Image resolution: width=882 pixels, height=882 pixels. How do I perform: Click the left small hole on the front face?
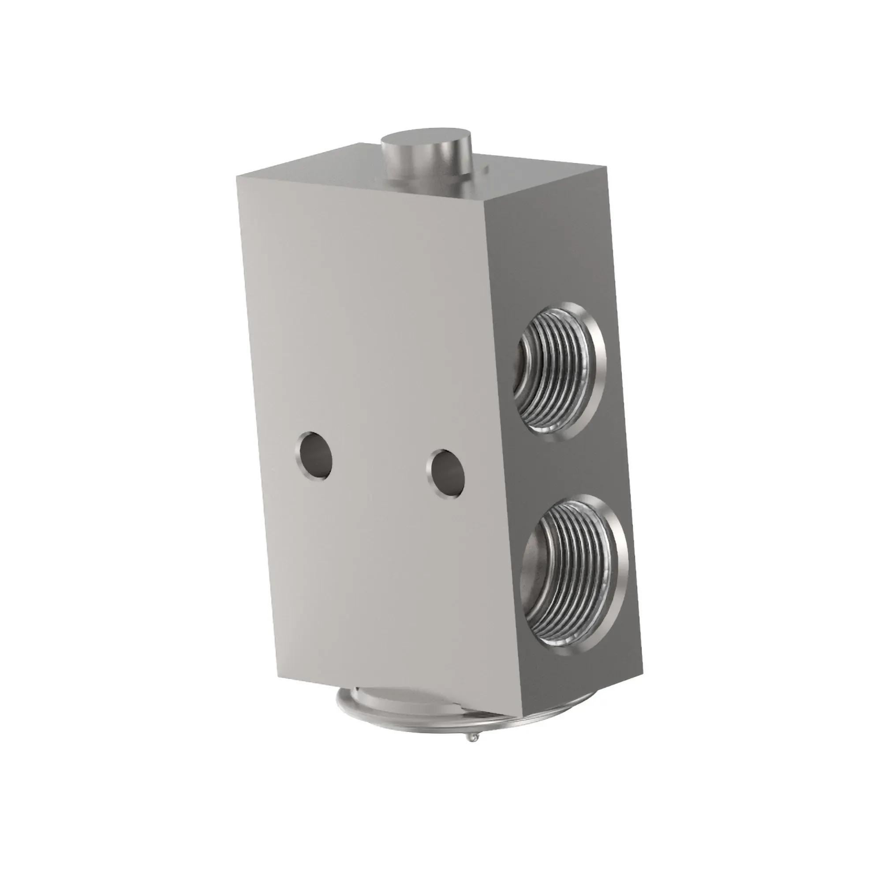314,456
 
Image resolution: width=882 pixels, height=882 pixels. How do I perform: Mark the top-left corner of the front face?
237,176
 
